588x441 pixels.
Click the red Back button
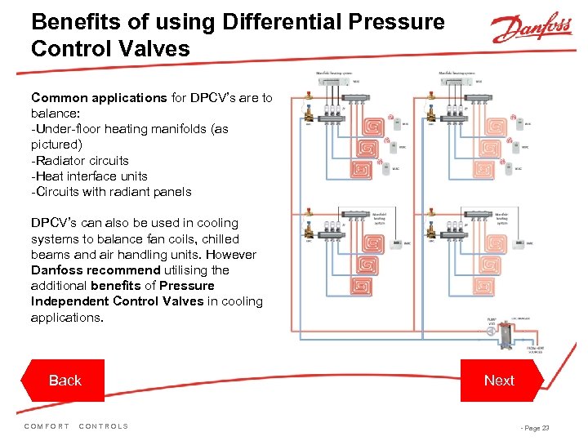[65, 381]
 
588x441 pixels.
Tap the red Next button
[498, 381]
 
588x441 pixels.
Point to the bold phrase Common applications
[99, 98]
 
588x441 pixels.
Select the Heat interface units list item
[89, 176]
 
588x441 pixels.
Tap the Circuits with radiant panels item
[111, 191]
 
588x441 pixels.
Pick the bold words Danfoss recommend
[96, 269]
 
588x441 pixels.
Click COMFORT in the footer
[47, 426]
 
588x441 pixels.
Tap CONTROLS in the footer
[104, 426]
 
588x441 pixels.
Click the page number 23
[545, 427]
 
